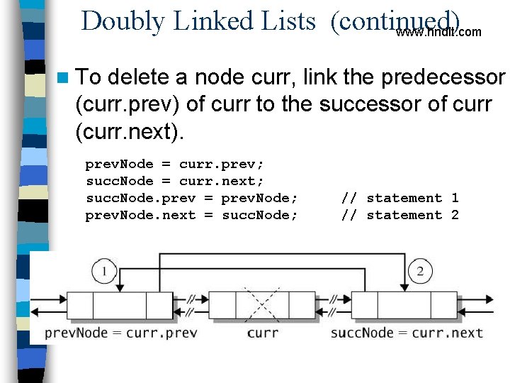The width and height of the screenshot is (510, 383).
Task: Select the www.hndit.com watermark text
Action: (x=438, y=32)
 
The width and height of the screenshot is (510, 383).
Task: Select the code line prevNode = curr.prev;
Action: (x=174, y=164)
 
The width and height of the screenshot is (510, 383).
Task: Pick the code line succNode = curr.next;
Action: (x=174, y=181)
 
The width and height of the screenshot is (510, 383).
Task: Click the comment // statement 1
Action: (x=400, y=198)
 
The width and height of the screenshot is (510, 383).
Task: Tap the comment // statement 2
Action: (x=400, y=215)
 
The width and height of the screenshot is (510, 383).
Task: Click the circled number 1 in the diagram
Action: (x=104, y=270)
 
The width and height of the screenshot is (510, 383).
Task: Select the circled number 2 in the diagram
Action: (x=420, y=270)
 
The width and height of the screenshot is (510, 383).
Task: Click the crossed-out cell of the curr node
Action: (x=261, y=305)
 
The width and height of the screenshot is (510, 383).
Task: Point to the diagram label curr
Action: (x=262, y=333)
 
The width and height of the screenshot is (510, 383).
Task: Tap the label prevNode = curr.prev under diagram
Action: (x=120, y=333)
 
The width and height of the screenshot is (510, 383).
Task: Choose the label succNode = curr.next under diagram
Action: (x=407, y=333)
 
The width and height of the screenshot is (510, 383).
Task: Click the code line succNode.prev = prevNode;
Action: (x=192, y=198)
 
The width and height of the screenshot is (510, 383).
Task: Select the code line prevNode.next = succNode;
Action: (x=192, y=215)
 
